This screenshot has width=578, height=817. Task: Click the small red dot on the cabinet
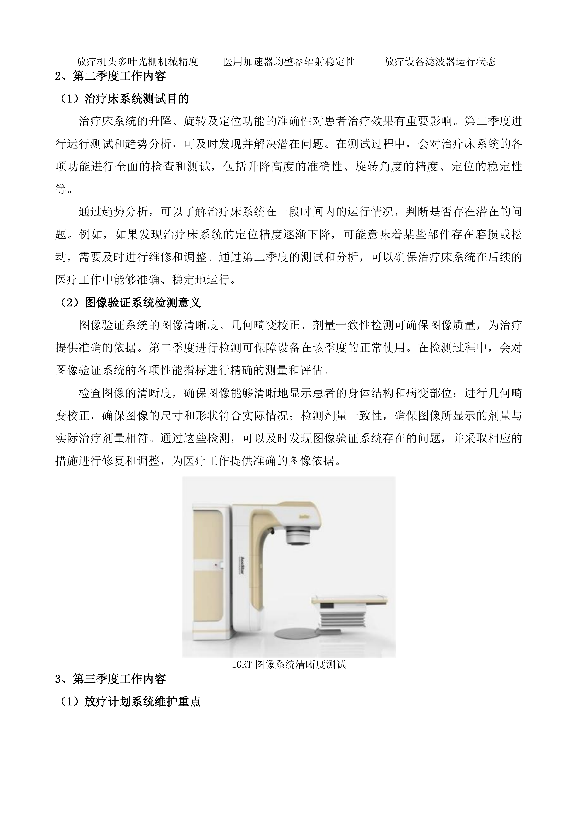216,565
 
